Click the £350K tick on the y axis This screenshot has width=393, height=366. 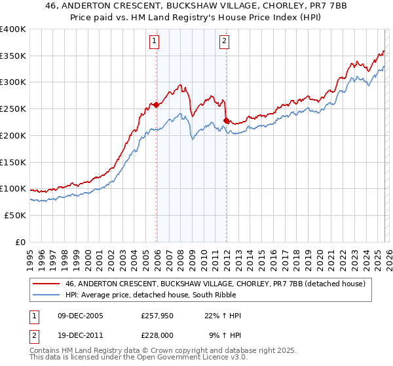13,56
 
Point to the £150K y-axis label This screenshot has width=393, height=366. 13,162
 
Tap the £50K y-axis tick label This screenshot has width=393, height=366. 15,215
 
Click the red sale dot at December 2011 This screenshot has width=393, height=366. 226,120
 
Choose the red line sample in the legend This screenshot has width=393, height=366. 46,284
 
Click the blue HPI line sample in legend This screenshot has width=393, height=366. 46,295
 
